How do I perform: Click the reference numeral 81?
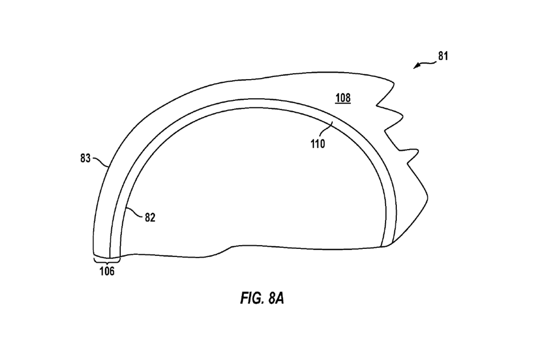443,56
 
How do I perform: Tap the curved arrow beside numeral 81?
424,64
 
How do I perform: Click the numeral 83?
85,158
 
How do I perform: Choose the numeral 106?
106,271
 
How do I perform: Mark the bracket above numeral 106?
106,261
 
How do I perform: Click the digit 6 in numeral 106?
111,271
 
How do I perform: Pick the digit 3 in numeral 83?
88,158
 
